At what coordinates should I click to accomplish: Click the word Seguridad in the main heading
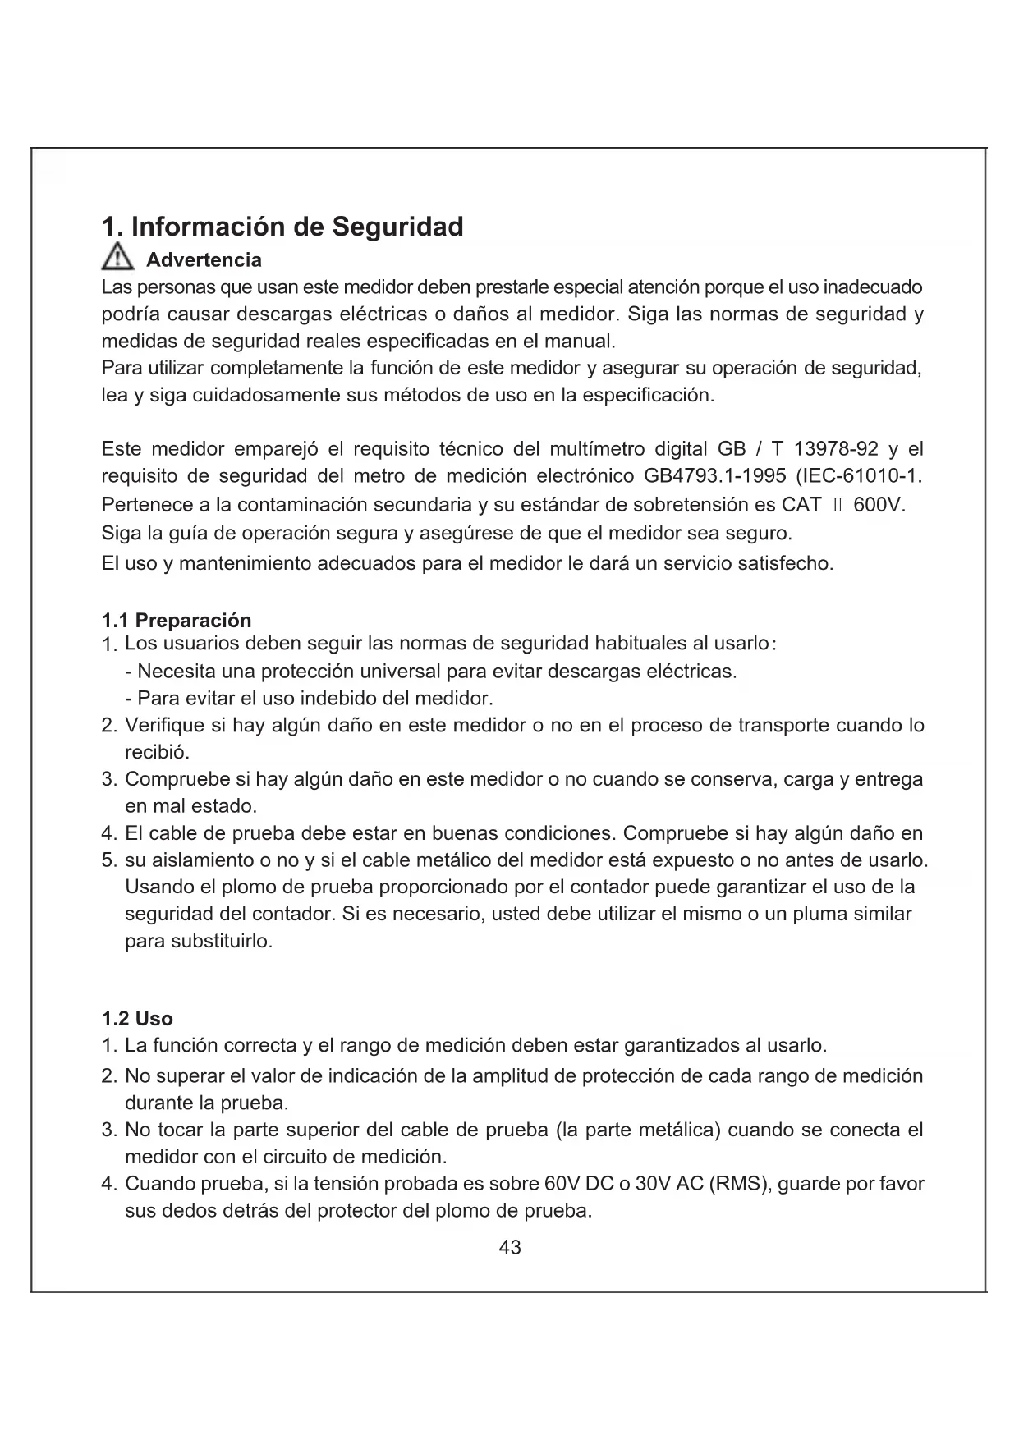coord(397,227)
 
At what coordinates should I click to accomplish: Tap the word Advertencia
coord(204,260)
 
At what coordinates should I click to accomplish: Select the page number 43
coord(510,1248)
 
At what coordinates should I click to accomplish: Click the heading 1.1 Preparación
coord(177,620)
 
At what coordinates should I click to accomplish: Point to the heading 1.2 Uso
coord(137,1019)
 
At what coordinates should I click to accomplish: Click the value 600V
coord(879,505)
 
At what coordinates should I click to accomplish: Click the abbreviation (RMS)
coord(740,1185)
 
